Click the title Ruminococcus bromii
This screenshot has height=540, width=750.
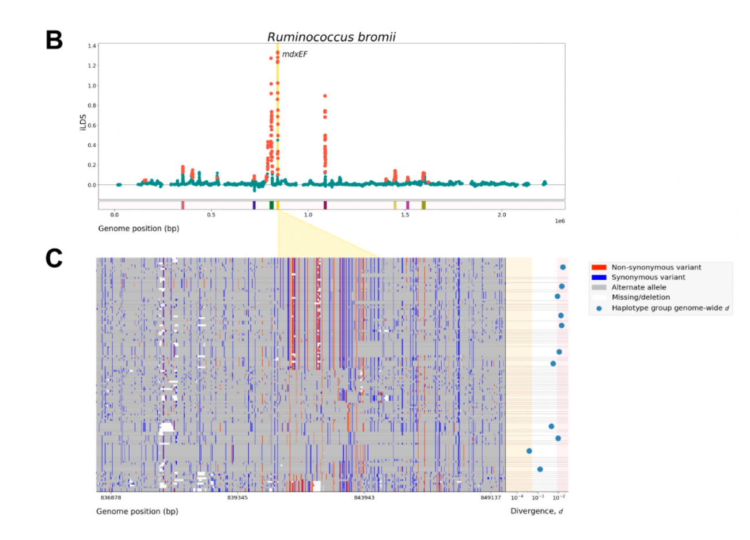[x=331, y=37]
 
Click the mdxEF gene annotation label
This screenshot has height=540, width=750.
[x=294, y=54]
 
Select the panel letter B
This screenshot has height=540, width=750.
[x=54, y=40]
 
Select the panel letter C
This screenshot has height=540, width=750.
[x=54, y=258]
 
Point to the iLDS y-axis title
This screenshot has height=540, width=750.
[x=83, y=122]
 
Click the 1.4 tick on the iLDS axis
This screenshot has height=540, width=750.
[x=92, y=46]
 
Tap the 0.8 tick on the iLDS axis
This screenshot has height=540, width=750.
[x=92, y=105]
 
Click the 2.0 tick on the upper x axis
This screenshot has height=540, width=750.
[x=502, y=215]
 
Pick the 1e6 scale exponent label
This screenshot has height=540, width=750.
[x=559, y=221]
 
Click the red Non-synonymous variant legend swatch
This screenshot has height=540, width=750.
[x=599, y=267]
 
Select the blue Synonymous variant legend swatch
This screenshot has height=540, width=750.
[x=599, y=277]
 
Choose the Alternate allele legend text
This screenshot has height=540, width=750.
[x=639, y=287]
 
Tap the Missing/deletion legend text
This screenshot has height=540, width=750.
[x=641, y=297]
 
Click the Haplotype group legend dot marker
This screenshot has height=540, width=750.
[x=599, y=308]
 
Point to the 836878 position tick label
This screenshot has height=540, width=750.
[x=111, y=497]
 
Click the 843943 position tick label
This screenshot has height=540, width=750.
[x=363, y=497]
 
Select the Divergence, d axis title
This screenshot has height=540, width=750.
[x=536, y=511]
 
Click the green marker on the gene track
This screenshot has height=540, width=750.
[x=271, y=205]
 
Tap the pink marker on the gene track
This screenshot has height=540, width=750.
[x=183, y=205]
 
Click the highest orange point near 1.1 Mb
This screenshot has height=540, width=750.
[x=325, y=96]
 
